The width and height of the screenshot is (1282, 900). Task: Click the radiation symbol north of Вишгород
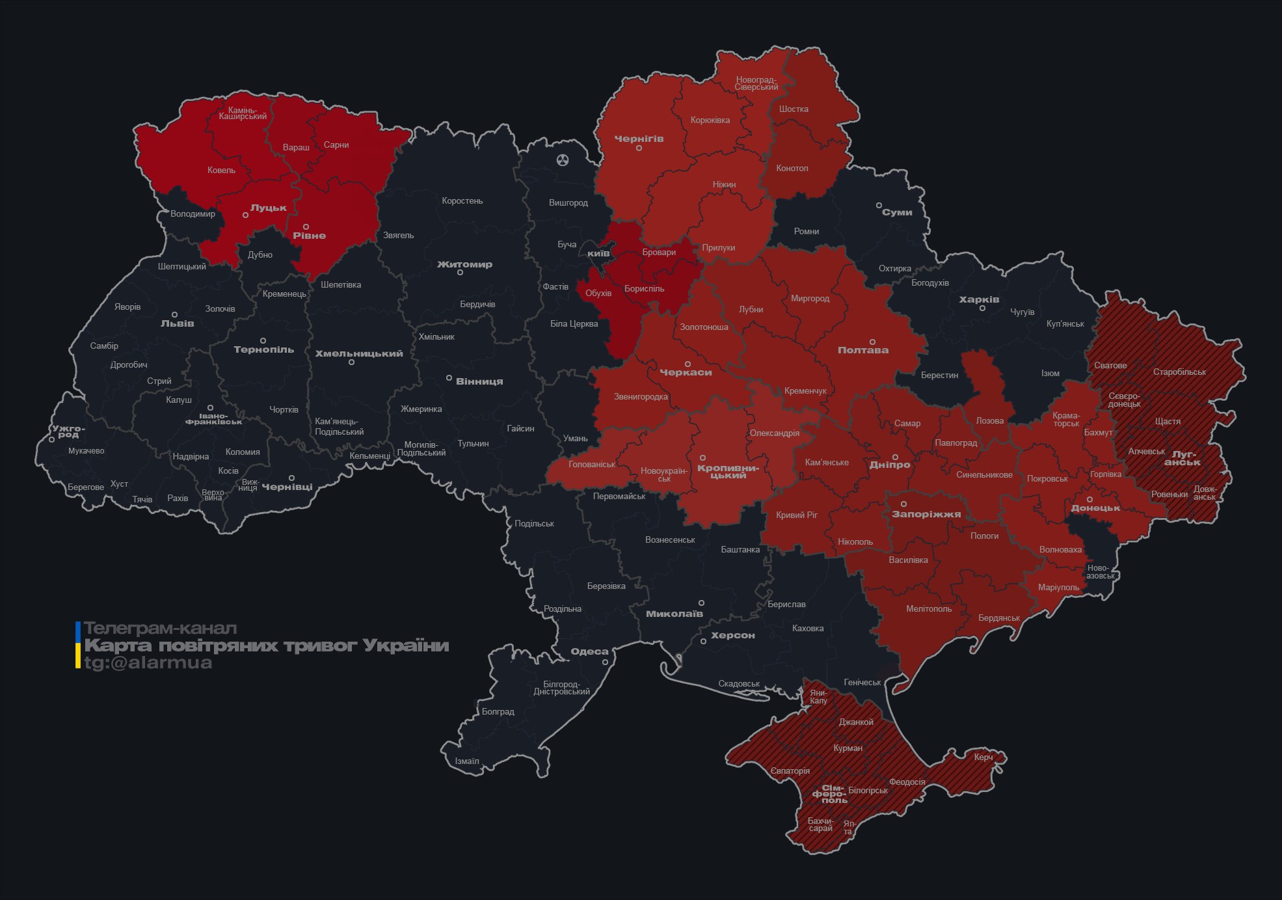(563, 160)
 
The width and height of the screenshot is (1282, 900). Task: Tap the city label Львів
(177, 323)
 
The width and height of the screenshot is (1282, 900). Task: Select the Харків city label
(979, 300)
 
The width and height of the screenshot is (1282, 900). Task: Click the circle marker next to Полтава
(872, 342)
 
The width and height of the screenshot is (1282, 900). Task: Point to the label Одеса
(589, 651)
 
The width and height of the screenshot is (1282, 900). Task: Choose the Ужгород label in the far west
(68, 431)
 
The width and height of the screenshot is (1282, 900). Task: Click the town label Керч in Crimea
(983, 757)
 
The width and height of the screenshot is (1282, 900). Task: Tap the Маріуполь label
(1058, 588)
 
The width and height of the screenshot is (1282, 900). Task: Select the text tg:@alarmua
(148, 662)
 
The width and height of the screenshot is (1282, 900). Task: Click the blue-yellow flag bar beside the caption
(78, 645)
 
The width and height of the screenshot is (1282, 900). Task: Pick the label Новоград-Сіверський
(756, 83)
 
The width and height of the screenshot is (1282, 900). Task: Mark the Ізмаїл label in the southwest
(467, 761)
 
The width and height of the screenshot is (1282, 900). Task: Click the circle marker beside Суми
(879, 205)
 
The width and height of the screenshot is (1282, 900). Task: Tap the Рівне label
(309, 236)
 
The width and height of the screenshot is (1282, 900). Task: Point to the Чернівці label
(287, 487)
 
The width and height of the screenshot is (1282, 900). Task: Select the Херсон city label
(732, 636)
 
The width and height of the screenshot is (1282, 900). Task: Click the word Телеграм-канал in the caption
(160, 629)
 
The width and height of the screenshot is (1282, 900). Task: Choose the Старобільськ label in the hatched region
(1179, 372)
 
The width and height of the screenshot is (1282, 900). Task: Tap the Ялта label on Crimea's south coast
(848, 828)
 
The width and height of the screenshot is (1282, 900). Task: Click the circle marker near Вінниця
(449, 378)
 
